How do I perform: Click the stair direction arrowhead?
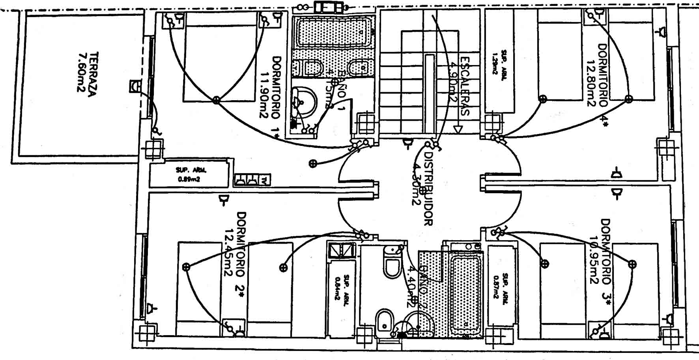coord(458,129)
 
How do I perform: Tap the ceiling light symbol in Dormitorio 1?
coord(216,100)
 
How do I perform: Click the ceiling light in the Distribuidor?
coord(422,190)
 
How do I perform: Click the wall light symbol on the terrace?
coord(135,86)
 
